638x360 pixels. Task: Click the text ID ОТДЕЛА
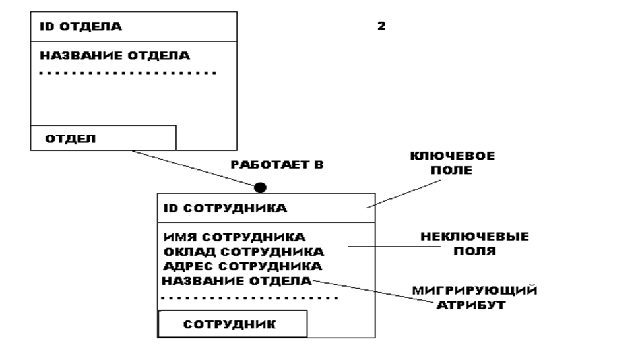point(82,28)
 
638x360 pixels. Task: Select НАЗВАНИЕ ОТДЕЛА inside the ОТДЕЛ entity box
point(115,55)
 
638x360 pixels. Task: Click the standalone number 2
point(381,27)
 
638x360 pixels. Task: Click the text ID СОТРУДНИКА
point(225,208)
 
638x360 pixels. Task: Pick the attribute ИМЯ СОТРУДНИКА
point(234,237)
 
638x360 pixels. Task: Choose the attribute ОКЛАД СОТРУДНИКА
point(243,252)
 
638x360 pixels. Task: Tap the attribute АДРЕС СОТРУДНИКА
point(242,266)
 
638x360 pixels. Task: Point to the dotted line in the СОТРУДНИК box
point(249,298)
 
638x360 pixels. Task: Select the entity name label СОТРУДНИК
point(230,324)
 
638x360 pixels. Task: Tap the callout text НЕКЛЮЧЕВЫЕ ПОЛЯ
point(476,243)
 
